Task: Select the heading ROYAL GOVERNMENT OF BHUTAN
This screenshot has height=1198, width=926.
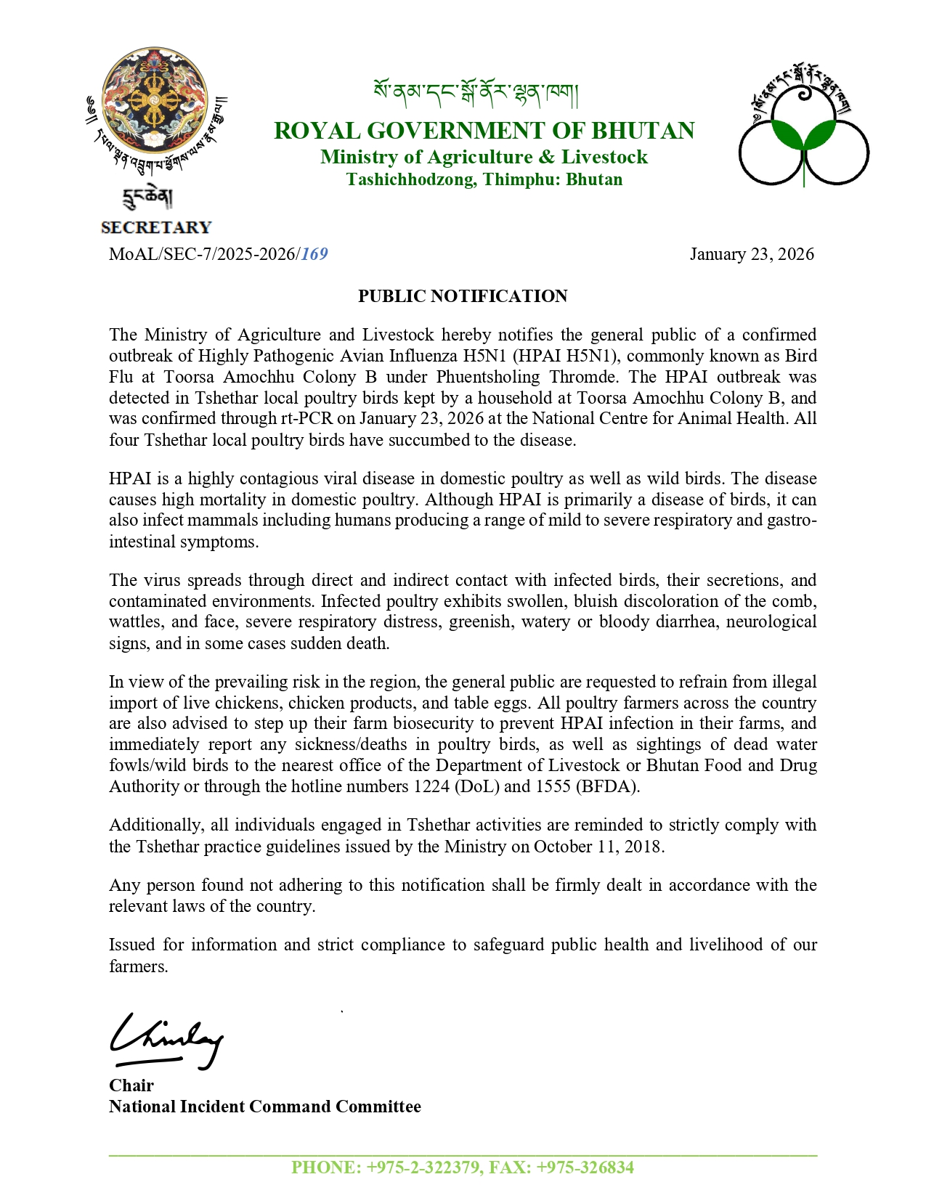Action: tap(484, 131)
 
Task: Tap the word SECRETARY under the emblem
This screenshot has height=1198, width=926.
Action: tap(156, 228)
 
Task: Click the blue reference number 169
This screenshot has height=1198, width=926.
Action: tap(314, 254)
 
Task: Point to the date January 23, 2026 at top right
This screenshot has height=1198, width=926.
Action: tap(752, 254)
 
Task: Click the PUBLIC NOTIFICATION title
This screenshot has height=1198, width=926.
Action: tap(463, 296)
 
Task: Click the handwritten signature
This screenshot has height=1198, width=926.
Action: tap(166, 1040)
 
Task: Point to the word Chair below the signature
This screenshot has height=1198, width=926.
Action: tap(131, 1085)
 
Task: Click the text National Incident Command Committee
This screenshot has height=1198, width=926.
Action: tap(265, 1107)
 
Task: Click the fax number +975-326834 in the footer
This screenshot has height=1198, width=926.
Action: tap(585, 1168)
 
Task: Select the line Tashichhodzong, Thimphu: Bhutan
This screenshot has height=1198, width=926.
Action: tap(484, 179)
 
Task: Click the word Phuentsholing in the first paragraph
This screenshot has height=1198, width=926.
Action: tap(488, 377)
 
